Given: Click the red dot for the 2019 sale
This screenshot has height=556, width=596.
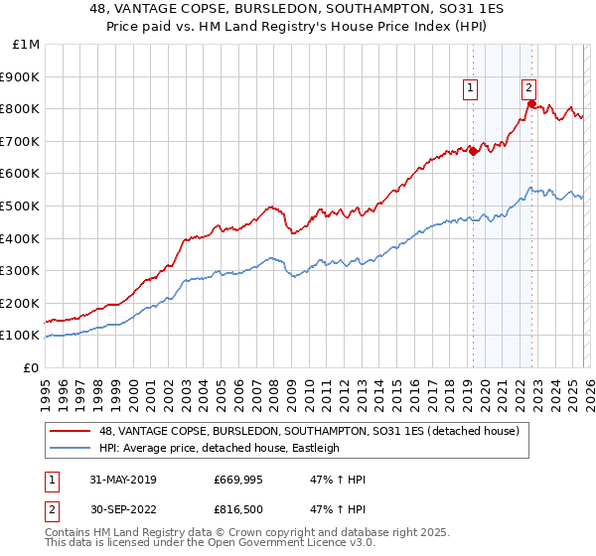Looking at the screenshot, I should (473, 151).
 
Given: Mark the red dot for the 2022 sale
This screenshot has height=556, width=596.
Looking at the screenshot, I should (531, 103).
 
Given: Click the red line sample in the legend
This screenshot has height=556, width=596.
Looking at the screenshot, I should (71, 431).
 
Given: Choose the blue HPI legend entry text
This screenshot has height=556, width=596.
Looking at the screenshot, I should (219, 448).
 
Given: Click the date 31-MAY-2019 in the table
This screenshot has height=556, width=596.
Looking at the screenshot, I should (122, 480).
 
